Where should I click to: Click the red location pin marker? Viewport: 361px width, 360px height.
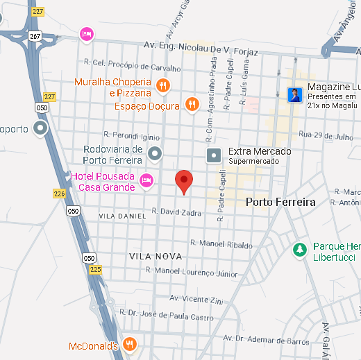[x=183, y=180]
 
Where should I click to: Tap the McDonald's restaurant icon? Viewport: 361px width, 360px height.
[x=129, y=345]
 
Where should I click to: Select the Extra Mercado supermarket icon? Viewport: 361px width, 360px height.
[x=215, y=155]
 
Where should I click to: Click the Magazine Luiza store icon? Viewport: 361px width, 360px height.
[x=296, y=94]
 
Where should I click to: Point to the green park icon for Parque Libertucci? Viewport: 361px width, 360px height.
[x=300, y=249]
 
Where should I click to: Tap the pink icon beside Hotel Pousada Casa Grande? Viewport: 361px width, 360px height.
[x=146, y=181]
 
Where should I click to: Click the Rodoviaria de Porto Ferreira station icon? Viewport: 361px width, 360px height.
[x=156, y=153]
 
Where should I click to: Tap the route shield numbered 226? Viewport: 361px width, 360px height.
[x=59, y=194]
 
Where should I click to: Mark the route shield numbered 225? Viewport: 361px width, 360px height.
[x=96, y=268]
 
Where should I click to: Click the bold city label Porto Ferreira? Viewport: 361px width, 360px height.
[x=280, y=202]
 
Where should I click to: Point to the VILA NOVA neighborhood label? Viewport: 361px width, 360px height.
[x=156, y=256]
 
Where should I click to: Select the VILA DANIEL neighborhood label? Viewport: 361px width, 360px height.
[x=123, y=216]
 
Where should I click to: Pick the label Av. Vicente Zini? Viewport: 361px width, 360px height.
[x=197, y=300]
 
